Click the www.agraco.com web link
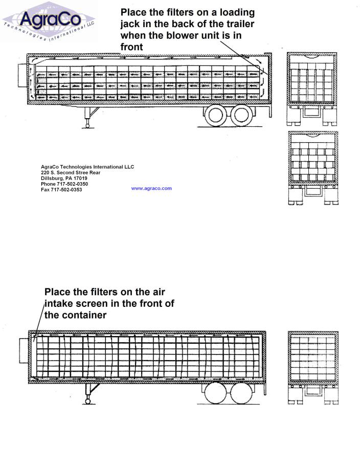pyautogui.click(x=151, y=188)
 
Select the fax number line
pyautogui.click(x=61, y=189)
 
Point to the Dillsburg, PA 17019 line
pyautogui.click(x=64, y=178)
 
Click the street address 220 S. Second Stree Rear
pyautogui.click(x=71, y=172)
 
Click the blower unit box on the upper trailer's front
pyautogui.click(x=22, y=75)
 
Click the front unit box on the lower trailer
pyautogui.click(x=24, y=350)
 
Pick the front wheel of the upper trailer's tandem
pyautogui.click(x=216, y=115)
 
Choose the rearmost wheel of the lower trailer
pyautogui.click(x=242, y=393)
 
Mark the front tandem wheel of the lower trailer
pyautogui.click(x=216, y=393)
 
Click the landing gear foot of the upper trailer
pyautogui.click(x=87, y=125)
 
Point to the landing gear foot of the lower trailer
pyautogui.click(x=88, y=401)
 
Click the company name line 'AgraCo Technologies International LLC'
pyautogui.click(x=87, y=167)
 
